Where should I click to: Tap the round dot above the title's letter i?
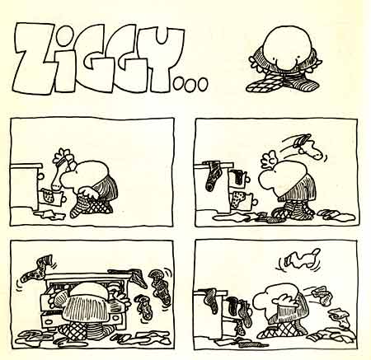click(x=65, y=35)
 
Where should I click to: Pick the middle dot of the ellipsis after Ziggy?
click(x=190, y=84)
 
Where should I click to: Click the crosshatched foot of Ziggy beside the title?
click(x=261, y=84)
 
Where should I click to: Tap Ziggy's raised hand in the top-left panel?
click(x=63, y=155)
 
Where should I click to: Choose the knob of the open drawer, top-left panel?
click(x=64, y=198)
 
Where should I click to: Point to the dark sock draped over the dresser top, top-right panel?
click(x=213, y=175)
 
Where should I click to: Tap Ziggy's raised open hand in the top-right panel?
click(x=269, y=159)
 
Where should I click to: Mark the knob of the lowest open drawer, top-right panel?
click(x=255, y=203)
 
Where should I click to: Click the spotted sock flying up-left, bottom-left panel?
click(x=36, y=269)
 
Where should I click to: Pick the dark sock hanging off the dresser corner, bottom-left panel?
click(x=138, y=277)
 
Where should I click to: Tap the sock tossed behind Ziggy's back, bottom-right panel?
click(x=322, y=296)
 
